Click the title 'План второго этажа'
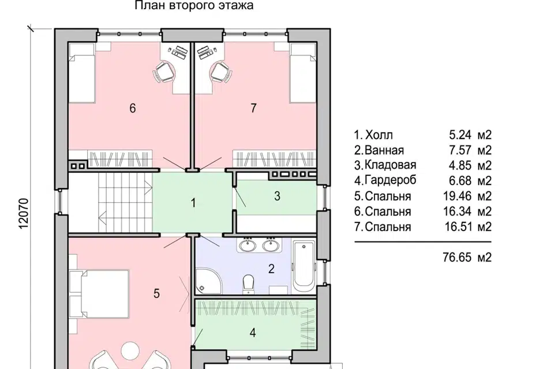pos(194,5)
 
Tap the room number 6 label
pos(133,108)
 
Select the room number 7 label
pos(253,108)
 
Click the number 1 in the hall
pos(193,203)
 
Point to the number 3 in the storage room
pos(277,195)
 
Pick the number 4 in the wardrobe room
pos(253,333)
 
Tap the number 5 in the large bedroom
pos(156,293)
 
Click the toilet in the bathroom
pos(249,284)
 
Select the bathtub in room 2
pos(304,266)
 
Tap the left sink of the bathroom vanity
pos(248,245)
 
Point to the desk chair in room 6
pos(164,72)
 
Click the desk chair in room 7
pos(222,72)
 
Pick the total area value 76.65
pos(457,257)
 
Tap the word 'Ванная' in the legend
pos(384,150)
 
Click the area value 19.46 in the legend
pos(457,196)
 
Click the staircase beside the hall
pos(125,202)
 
